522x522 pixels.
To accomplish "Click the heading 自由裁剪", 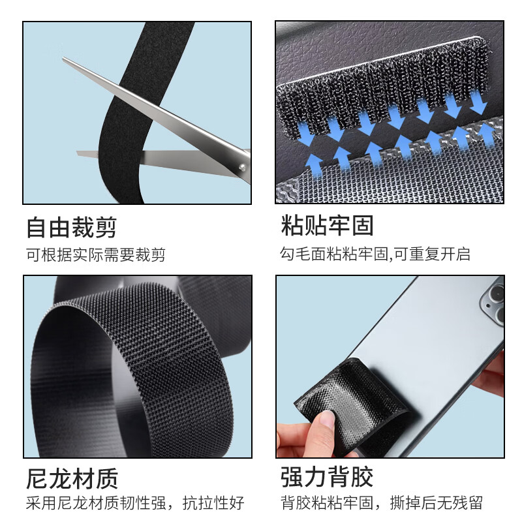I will [71, 227].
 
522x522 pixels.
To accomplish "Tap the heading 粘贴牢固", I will [327, 226].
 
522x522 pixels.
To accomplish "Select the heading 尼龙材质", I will [71, 478].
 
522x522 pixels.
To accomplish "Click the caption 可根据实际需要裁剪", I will [95, 254].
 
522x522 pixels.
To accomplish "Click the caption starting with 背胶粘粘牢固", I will [382, 503].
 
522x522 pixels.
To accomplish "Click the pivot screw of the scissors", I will [242, 168].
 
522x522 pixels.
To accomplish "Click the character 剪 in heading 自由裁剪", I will [106, 227].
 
